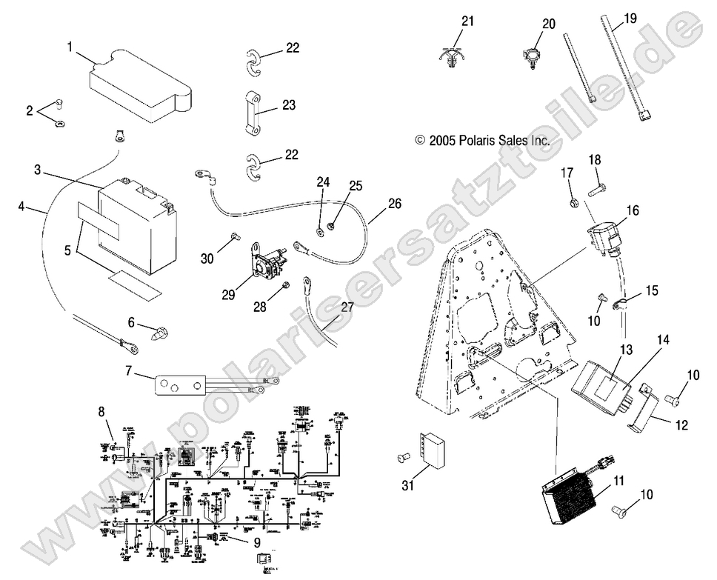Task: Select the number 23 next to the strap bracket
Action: pyautogui.click(x=288, y=106)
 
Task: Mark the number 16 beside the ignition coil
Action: pyautogui.click(x=632, y=210)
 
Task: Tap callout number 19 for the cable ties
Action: pyautogui.click(x=630, y=17)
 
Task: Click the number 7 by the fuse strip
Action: pyautogui.click(x=128, y=369)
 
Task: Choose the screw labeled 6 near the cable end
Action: pyautogui.click(x=159, y=333)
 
